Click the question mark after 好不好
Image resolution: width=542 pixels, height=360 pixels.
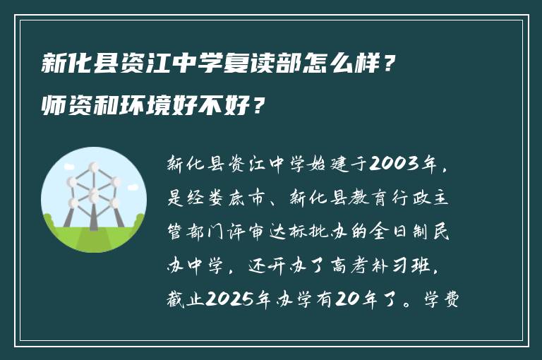(x=259, y=107)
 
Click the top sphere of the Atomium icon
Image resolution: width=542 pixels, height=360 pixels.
(x=92, y=167)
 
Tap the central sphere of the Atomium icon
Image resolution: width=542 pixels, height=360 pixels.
(x=92, y=192)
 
